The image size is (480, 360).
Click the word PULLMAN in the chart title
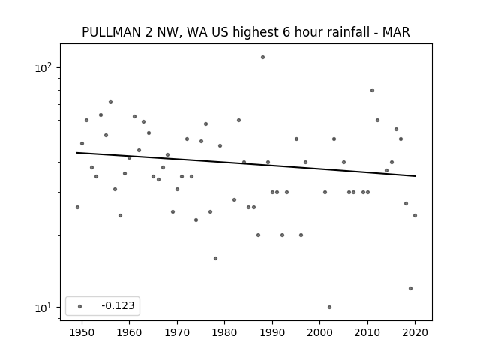pyautogui.click(x=111, y=32)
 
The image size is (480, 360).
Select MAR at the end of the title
pyautogui.click(x=396, y=32)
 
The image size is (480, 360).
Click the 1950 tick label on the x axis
pyautogui.click(x=82, y=332)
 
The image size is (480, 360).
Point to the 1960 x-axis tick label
pyautogui.click(x=129, y=332)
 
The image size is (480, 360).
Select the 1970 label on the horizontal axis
pyautogui.click(x=177, y=332)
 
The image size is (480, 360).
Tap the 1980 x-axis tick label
pyautogui.click(x=224, y=332)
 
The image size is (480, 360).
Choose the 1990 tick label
pyautogui.click(x=272, y=332)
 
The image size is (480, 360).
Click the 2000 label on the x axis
pyautogui.click(x=320, y=332)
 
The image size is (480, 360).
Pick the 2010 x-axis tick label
pyautogui.click(x=367, y=332)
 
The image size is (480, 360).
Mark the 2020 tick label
pyautogui.click(x=415, y=332)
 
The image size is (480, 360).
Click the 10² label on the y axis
pyautogui.click(x=43, y=67)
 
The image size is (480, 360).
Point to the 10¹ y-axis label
pyautogui.click(x=43, y=307)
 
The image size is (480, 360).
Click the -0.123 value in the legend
pyautogui.click(x=118, y=305)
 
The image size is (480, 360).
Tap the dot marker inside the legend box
pyautogui.click(x=80, y=306)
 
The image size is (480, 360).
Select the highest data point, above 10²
pyautogui.click(x=262, y=57)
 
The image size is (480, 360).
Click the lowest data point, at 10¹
pyautogui.click(x=329, y=307)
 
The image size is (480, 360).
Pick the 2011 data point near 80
pyautogui.click(x=372, y=90)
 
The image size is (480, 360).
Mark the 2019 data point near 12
pyautogui.click(x=410, y=288)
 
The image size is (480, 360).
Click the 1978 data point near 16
pyautogui.click(x=215, y=258)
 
